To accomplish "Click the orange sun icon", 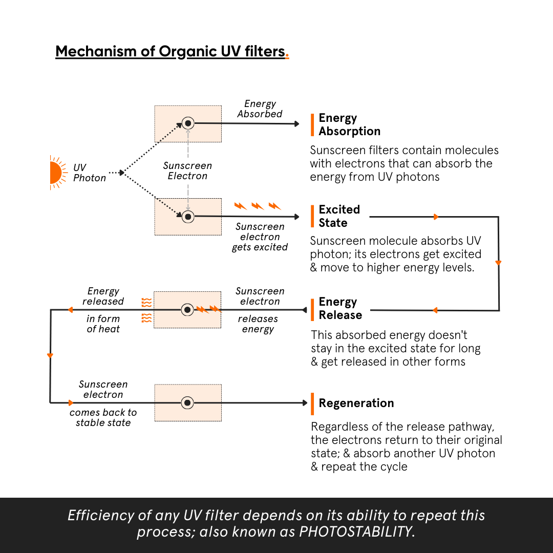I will point(55,172).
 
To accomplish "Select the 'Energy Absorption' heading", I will point(349,124).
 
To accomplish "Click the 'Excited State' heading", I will point(339,216).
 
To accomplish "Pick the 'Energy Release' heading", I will point(340,308).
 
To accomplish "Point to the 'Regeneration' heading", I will point(356,403).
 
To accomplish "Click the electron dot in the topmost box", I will point(188,123).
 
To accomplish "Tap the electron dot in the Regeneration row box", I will point(188,403).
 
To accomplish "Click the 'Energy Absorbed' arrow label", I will point(260,109).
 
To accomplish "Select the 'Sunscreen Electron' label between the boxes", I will point(188,171).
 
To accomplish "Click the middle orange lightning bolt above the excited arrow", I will point(258,206).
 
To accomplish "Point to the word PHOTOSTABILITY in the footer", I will point(356,531).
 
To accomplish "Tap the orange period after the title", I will point(287,56).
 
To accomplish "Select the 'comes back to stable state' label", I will point(103,417).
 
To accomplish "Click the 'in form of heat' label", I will point(103,324).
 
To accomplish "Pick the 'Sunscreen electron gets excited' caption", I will point(260,237).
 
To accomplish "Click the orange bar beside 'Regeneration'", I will point(312,403).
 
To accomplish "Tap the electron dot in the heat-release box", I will point(188,310).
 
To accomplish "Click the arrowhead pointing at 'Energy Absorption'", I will point(296,123).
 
